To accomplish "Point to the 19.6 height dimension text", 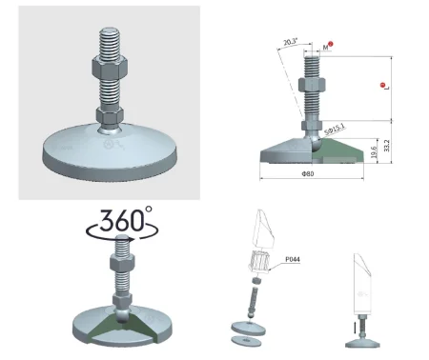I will [x=372, y=150].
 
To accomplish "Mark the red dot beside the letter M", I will [x=330, y=45].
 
